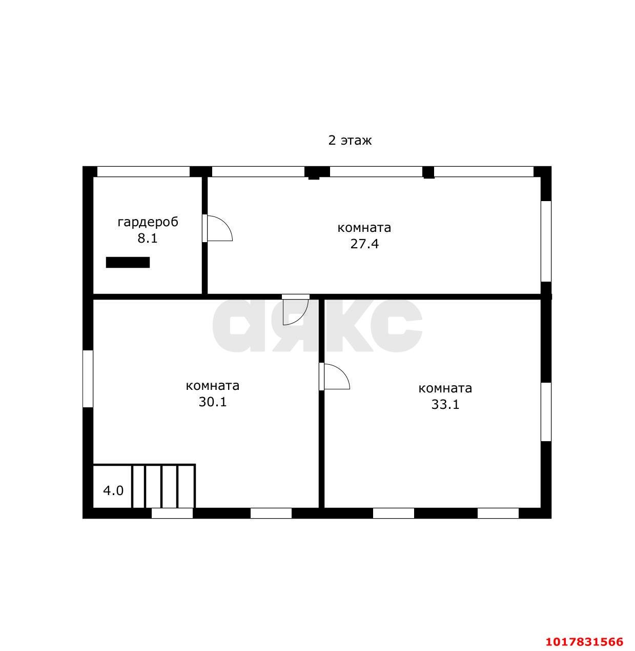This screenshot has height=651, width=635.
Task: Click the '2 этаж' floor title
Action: tap(350, 140)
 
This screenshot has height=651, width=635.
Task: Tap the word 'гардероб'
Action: tap(148, 222)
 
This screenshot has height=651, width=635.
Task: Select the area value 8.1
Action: tap(148, 238)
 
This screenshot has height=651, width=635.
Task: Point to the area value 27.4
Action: tap(364, 244)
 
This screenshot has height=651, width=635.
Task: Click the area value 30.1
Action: tap(213, 402)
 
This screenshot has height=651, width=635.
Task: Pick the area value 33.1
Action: tap(445, 404)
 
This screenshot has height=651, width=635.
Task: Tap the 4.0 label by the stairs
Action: tap(113, 491)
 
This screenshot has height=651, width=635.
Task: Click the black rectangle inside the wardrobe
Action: tap(128, 262)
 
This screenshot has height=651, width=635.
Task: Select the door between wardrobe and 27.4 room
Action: tap(217, 228)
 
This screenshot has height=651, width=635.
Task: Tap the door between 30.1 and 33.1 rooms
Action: tap(334, 377)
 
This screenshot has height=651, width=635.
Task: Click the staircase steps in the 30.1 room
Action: tap(163, 486)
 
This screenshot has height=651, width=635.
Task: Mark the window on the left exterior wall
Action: tap(88, 379)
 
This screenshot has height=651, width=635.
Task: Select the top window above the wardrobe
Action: tap(144, 172)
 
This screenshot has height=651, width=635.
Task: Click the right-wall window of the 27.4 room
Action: tap(546, 241)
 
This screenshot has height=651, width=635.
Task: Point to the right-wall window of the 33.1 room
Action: tap(546, 412)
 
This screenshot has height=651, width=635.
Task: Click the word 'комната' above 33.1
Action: tap(445, 388)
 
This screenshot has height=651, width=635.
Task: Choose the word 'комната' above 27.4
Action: tap(364, 228)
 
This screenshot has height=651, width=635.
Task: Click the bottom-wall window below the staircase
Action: tap(172, 513)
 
